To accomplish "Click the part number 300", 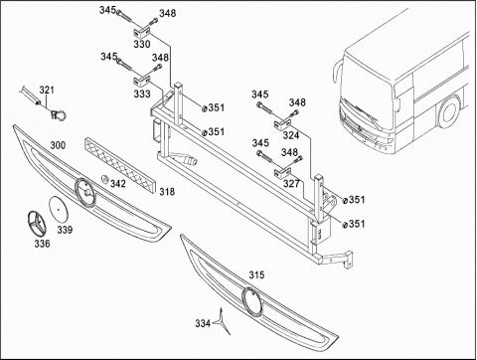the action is point(58,145).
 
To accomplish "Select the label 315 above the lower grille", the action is point(256,274).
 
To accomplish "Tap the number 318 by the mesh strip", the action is point(167,192).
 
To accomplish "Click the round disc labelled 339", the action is point(58,209).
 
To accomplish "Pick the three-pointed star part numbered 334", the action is point(223,321).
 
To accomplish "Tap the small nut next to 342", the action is point(104,179).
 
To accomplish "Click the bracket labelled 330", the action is point(142,32).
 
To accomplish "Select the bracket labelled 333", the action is point(142,81).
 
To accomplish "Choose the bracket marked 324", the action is point(282,124).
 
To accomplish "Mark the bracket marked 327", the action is point(282,172).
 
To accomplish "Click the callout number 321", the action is point(47,90).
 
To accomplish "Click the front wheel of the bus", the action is point(449,111).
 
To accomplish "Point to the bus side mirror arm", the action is point(336,72).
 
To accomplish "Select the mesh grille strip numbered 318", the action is point(120,165).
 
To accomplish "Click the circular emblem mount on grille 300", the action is point(85,192).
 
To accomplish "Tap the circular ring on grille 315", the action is point(251,300).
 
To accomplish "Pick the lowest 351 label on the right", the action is point(354,224).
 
